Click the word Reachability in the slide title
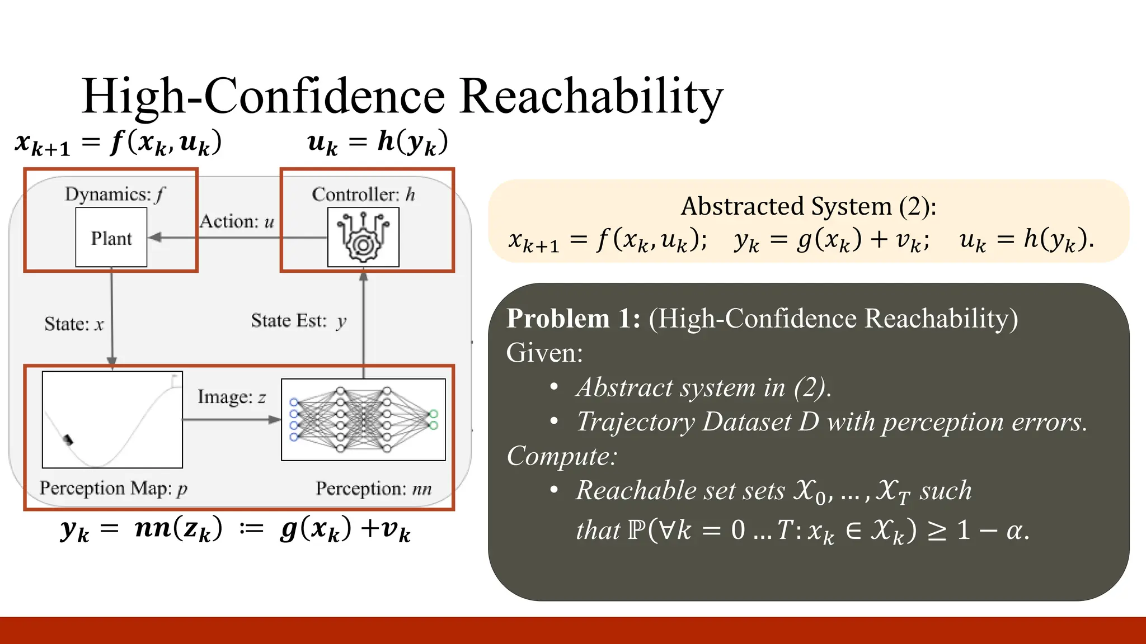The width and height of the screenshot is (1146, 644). click(591, 96)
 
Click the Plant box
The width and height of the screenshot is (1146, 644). click(111, 238)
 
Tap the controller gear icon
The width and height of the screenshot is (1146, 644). click(363, 237)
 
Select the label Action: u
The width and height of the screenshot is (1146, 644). click(237, 221)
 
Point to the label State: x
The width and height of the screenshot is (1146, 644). click(74, 324)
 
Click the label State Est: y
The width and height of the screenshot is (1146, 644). click(298, 321)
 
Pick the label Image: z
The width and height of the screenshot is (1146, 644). click(231, 397)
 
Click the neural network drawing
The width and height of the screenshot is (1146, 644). click(363, 419)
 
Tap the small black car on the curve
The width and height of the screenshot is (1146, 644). click(68, 440)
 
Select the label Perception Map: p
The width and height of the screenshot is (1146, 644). click(114, 488)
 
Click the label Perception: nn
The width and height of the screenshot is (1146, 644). click(373, 488)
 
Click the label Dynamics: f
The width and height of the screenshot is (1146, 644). click(115, 194)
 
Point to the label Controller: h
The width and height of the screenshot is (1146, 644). click(363, 194)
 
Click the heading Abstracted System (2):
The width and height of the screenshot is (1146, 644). click(808, 206)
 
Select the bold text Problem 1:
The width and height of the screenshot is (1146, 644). click(573, 319)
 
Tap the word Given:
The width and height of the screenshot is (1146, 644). click(544, 353)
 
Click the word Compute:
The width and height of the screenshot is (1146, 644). click(561, 456)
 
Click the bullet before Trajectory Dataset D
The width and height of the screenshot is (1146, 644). click(554, 422)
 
